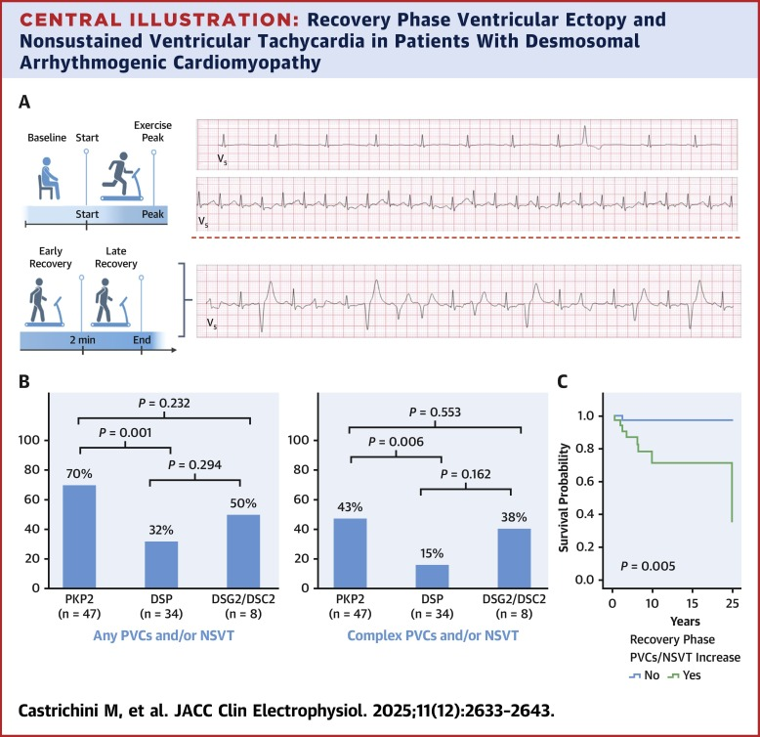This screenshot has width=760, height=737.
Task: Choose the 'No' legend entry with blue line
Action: pyautogui.click(x=642, y=673)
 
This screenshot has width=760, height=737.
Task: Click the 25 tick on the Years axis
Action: pyautogui.click(x=732, y=599)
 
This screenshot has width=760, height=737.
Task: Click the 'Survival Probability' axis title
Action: pyautogui.click(x=564, y=497)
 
